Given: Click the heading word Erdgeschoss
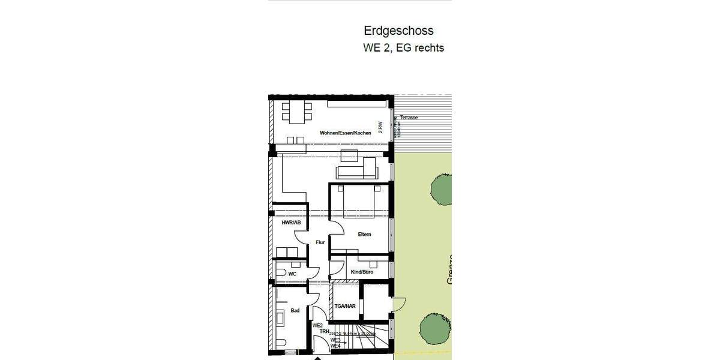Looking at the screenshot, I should click(x=398, y=31).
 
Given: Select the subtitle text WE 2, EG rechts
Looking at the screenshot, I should click(x=403, y=48).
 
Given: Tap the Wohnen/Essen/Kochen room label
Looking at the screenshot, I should click(x=341, y=133).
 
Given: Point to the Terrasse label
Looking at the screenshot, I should click(x=409, y=118).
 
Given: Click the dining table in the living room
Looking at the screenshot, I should click(x=297, y=110).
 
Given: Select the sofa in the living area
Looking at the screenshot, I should click(x=356, y=173).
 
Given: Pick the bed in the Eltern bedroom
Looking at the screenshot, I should click(x=359, y=202).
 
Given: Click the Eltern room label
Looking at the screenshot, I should click(x=364, y=235).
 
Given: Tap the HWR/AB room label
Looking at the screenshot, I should click(x=290, y=223).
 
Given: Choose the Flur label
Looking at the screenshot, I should click(x=320, y=242).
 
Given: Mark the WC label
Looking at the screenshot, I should click(x=292, y=274).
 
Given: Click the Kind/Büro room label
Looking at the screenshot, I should click(x=362, y=272).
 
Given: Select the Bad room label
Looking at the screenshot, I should click(x=295, y=310).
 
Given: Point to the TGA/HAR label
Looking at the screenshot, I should click(x=346, y=306).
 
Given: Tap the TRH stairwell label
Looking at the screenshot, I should click(x=324, y=331).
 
